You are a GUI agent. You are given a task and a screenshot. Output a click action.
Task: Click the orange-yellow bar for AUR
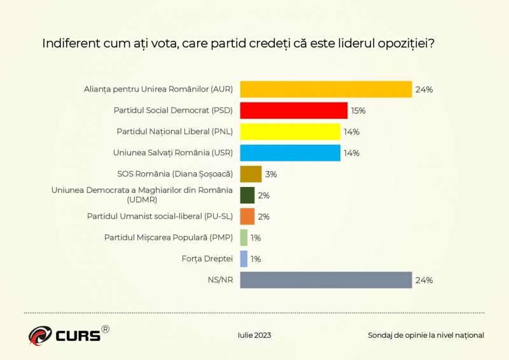(326, 89)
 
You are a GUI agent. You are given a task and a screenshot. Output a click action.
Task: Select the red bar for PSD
(293, 111)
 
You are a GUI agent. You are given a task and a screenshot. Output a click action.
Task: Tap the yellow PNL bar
(289, 132)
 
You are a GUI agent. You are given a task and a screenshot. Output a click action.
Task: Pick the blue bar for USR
(289, 153)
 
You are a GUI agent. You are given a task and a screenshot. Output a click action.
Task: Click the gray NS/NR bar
(326, 280)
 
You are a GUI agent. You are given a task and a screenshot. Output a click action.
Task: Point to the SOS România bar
(251, 174)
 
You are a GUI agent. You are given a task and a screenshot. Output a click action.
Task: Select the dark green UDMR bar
(248, 195)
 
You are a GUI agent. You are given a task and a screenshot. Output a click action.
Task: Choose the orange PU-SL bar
(248, 216)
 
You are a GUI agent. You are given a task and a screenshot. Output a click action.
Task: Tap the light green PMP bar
(244, 237)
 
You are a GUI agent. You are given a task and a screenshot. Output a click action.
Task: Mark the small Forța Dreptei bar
(244, 259)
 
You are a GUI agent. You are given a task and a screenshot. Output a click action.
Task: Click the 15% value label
(358, 111)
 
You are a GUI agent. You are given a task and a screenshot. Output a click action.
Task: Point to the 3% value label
(270, 174)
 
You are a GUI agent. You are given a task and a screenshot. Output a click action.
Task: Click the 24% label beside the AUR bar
(424, 89)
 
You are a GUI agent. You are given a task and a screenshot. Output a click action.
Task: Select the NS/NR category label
(220, 280)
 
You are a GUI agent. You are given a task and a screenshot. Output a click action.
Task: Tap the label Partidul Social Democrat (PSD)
(173, 111)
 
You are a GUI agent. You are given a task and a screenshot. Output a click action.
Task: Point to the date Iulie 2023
(253, 335)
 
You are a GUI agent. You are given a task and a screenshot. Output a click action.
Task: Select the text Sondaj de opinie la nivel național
(425, 335)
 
